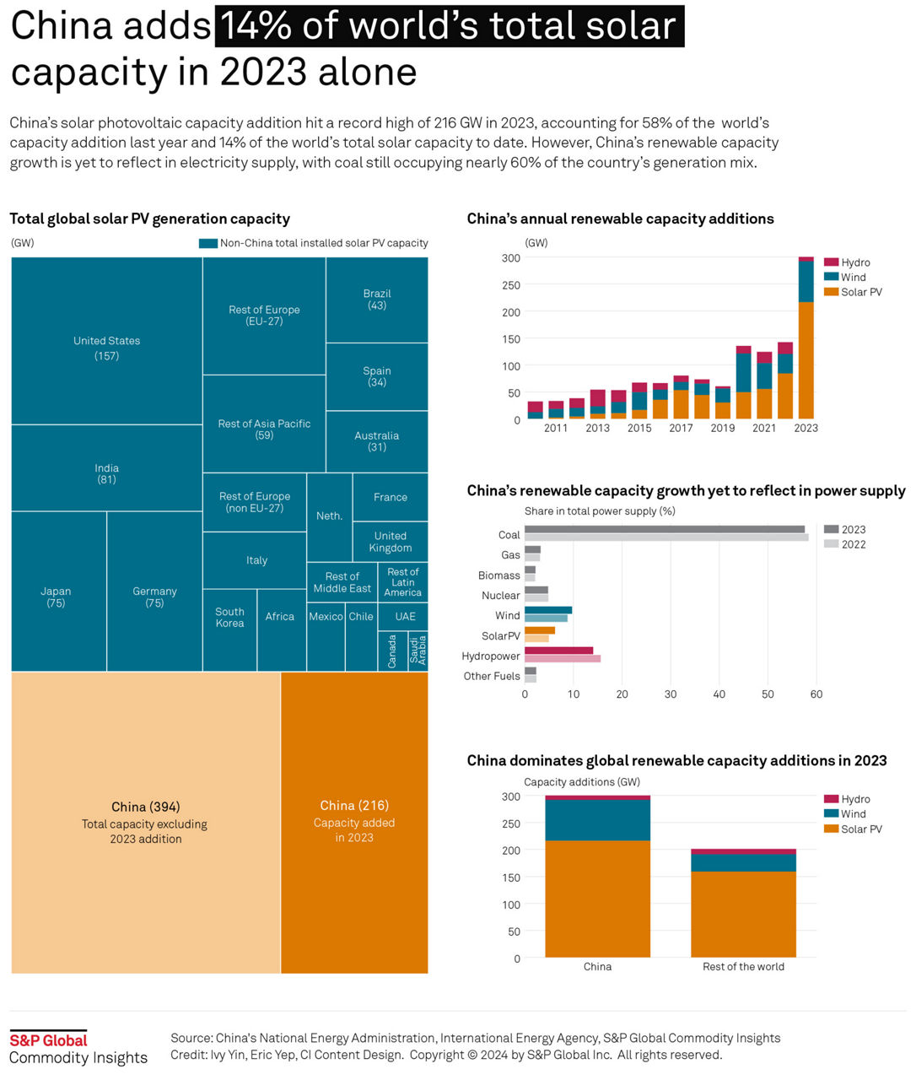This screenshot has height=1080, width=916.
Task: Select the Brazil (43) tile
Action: pos(377,300)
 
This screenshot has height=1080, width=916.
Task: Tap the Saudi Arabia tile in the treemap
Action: pos(418,651)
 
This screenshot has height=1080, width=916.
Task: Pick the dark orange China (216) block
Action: pos(354,822)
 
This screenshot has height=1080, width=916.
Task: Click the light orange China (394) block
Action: pos(145,822)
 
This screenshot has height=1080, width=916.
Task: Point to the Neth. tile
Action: pos(329,516)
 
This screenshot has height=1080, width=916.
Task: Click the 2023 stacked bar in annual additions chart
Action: pos(806,354)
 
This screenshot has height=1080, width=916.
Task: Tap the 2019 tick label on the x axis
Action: pos(723,429)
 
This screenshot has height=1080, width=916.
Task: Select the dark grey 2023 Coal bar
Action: pos(665,530)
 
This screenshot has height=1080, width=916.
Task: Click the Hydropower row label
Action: pos(491,656)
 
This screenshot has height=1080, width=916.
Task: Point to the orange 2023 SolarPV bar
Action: pos(540,630)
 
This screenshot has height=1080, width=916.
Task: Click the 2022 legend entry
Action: pos(853,544)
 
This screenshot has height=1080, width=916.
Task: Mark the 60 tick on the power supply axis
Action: pos(816,694)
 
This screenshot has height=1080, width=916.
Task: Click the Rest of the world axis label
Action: pos(743,967)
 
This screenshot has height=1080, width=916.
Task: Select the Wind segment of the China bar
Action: pos(597,819)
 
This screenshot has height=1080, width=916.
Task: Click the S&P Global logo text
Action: pos(48,1040)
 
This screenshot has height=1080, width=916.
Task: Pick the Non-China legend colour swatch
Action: pos(208,243)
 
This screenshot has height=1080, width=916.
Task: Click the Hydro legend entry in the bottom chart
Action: pos(854,799)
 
